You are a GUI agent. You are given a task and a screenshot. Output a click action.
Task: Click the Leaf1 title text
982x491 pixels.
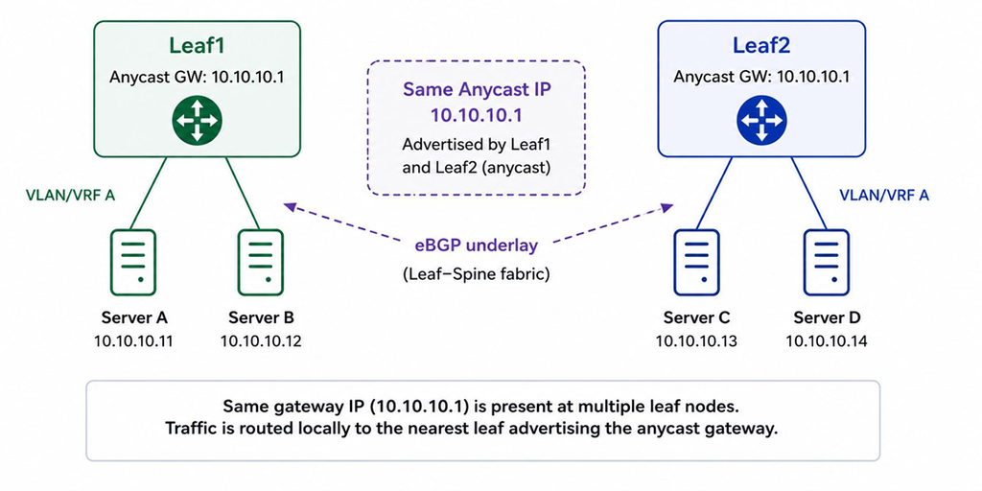197,46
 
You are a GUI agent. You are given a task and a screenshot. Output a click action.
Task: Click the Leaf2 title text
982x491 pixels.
760,46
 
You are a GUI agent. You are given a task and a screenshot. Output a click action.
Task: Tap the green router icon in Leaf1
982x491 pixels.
197,120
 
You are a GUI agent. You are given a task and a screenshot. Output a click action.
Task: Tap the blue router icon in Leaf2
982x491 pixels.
761,120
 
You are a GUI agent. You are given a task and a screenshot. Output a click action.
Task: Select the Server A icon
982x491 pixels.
132,262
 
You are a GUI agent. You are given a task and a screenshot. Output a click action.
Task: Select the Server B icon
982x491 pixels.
261,262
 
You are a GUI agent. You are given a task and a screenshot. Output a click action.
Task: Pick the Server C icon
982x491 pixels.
696,262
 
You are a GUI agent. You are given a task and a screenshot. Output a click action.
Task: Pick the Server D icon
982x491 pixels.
827,262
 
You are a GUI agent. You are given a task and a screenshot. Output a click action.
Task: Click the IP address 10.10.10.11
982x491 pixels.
133,341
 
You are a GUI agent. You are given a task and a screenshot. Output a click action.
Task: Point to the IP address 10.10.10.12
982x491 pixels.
261,341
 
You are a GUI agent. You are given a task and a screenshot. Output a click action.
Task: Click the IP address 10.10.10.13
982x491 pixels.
696,341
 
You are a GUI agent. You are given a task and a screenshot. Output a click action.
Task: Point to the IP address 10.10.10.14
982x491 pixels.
827,341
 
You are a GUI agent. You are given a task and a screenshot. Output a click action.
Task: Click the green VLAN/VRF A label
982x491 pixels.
70,196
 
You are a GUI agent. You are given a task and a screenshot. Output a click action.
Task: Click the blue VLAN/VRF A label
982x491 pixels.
883,196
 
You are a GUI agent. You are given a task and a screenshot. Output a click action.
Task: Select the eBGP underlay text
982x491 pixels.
476,245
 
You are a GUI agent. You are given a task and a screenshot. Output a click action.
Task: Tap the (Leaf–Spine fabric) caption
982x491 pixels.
476,274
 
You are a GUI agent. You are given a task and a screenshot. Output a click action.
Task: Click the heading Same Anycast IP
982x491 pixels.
476,89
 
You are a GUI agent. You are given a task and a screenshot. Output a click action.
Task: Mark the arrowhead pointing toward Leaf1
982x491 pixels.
290,206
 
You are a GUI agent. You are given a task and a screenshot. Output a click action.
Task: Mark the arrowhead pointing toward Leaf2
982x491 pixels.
666,206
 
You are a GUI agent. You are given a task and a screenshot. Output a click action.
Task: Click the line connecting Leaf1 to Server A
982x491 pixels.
149,193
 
